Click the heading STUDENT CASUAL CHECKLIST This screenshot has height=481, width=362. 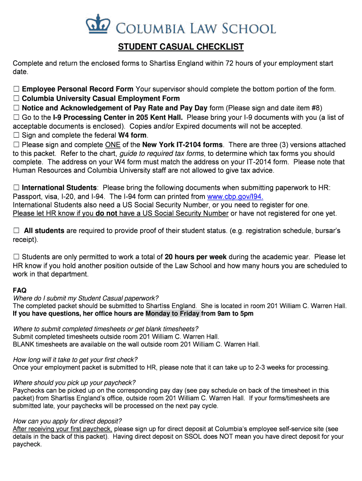[181, 47]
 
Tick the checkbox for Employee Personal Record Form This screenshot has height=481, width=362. [16, 89]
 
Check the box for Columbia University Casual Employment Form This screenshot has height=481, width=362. [16, 99]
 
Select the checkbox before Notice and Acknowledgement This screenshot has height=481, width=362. [16, 108]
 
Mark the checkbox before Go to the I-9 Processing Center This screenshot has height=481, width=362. [16, 117]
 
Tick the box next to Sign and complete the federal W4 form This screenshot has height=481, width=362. [16, 135]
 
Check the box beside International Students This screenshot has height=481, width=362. [16, 188]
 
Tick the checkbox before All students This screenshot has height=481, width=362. [16, 231]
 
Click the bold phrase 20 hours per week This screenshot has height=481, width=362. [196, 257]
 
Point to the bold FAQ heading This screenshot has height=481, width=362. [19, 291]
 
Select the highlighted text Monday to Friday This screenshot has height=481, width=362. [173, 314]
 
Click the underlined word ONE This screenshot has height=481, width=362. [113, 145]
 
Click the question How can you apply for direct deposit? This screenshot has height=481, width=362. [67, 421]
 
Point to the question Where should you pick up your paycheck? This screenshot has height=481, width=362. [74, 382]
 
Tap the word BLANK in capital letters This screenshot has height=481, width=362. [24, 344]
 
